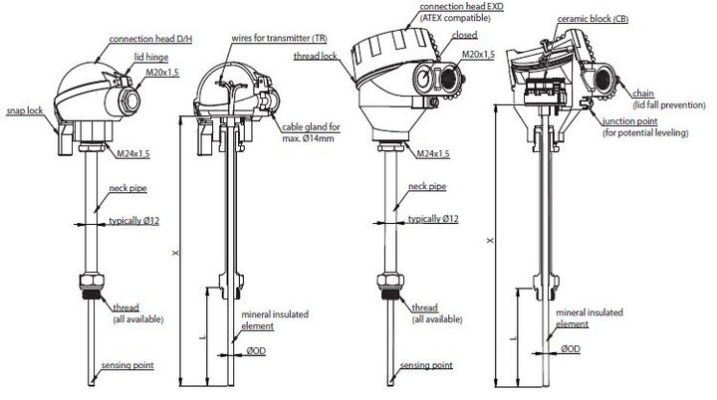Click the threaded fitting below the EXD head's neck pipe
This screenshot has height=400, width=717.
(x=388, y=281)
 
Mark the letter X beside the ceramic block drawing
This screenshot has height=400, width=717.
(x=489, y=241)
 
